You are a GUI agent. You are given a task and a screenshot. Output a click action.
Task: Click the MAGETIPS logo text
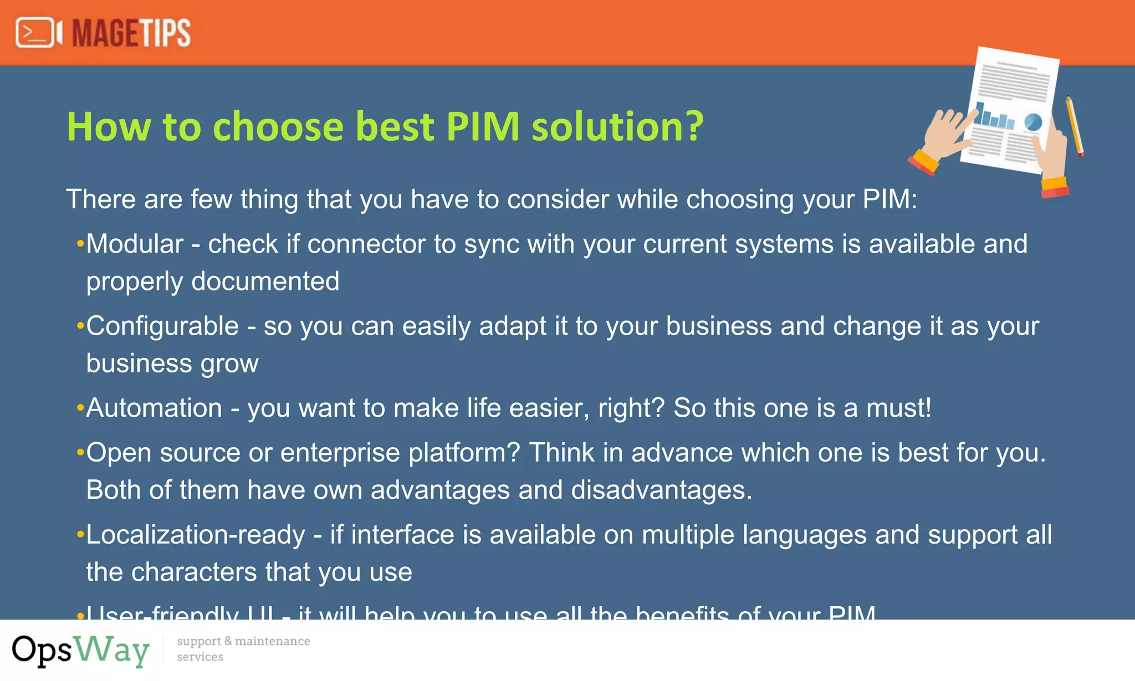[x=131, y=33]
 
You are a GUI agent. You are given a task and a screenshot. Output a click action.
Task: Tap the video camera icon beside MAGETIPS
[x=38, y=33]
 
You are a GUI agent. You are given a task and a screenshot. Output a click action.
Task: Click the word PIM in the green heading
[x=483, y=126]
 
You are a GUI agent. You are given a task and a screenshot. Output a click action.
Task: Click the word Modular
[x=135, y=244]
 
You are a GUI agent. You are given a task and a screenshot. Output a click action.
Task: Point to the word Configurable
[x=162, y=326]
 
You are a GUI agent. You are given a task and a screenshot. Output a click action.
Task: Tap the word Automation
[x=154, y=408]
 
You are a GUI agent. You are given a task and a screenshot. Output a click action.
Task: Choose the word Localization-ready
[x=196, y=535]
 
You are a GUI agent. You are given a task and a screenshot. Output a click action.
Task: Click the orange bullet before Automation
[x=80, y=408]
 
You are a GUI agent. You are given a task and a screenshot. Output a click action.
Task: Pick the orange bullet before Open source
[x=80, y=453]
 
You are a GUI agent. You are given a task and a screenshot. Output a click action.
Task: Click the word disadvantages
[x=661, y=490]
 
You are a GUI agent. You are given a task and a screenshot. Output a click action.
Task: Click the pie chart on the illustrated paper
[x=1033, y=122]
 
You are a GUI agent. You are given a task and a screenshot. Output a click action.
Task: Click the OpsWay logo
[x=81, y=649]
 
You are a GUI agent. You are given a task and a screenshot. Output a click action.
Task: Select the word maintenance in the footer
[x=272, y=641]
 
